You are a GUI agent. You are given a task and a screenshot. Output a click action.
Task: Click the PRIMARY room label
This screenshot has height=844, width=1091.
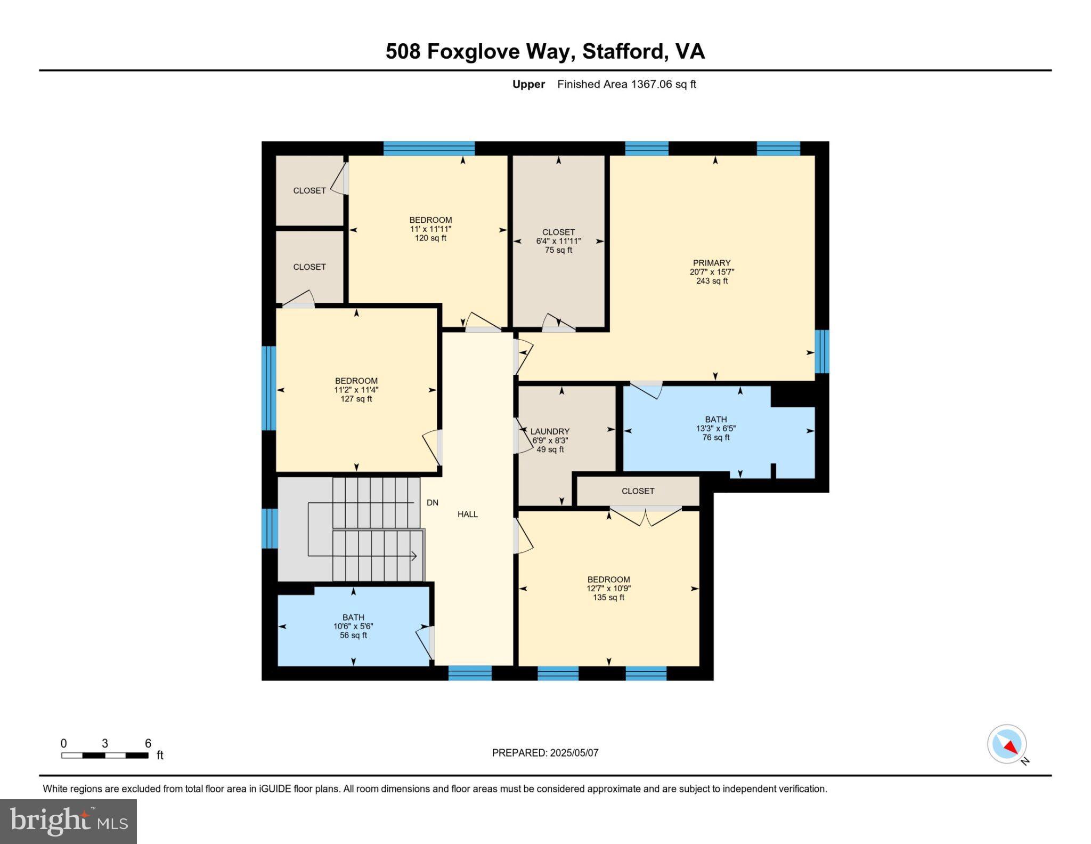pos(711,263)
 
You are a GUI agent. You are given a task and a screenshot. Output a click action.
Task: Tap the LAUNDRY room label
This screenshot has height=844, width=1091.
pos(550,431)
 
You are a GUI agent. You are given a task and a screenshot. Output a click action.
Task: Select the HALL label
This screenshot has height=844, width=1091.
pos(467,514)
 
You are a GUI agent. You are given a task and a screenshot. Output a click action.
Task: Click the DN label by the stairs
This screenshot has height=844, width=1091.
pos(432,502)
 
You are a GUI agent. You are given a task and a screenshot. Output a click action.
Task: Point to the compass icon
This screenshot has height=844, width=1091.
pos(1006,744)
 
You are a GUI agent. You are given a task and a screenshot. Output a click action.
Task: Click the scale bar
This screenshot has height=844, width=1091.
pos(104,755)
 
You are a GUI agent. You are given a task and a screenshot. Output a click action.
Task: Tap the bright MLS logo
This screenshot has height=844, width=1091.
pos(68,821)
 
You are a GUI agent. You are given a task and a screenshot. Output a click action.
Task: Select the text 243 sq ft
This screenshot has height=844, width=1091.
pos(711,281)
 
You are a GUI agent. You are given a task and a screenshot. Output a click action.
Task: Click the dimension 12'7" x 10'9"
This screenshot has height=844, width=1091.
pos(608,589)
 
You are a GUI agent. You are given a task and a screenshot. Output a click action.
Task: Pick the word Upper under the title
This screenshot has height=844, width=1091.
pos(528,84)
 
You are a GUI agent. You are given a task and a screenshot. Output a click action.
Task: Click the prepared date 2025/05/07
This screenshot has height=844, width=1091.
pos(574,753)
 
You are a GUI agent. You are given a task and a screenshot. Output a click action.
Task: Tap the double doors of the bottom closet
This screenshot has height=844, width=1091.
pos(646,516)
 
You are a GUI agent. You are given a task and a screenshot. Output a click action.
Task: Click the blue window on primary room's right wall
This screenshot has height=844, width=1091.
pos(822,351)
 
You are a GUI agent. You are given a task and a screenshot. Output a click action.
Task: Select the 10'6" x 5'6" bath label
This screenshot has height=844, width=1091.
pos(353,626)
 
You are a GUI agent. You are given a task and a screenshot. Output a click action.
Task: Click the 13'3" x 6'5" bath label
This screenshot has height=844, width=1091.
pos(715,428)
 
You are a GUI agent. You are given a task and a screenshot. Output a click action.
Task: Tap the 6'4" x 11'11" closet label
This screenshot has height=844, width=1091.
pos(558,241)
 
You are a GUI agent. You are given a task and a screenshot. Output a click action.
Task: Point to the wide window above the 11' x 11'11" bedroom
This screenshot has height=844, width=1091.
pos(429,148)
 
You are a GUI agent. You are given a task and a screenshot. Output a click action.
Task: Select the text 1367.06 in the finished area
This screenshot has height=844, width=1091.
pos(651,84)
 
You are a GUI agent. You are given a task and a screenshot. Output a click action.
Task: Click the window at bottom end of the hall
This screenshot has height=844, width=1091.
pos(469,673)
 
